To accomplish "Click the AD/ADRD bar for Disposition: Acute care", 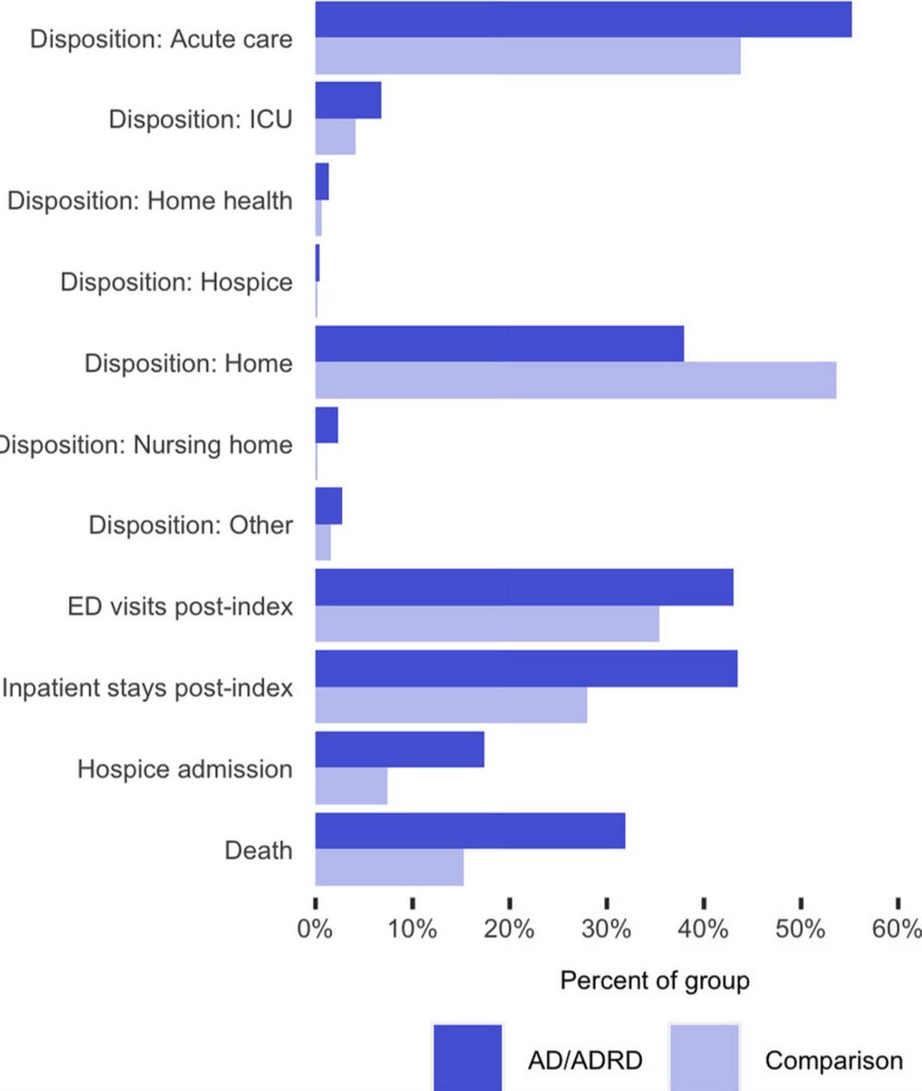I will (583, 19).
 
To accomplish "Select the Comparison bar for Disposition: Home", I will (576, 380).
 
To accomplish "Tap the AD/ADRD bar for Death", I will (470, 831).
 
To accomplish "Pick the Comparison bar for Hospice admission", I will (351, 786).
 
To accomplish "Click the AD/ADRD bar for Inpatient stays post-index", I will (526, 668).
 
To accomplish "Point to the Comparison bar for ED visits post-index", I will (486, 624).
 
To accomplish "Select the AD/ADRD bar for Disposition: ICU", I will (348, 100).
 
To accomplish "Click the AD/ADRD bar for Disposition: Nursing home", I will (326, 425).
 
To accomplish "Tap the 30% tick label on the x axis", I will (606, 931).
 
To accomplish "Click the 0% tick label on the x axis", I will (316, 931).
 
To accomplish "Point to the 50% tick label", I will (801, 931).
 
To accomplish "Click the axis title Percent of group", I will (655, 981).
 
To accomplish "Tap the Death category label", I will (258, 850).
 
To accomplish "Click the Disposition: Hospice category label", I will (176, 282).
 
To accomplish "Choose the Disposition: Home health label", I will (150, 201).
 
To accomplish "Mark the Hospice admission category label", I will (185, 769).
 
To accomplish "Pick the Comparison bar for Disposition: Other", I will (323, 543).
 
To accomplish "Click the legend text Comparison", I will (834, 1060).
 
